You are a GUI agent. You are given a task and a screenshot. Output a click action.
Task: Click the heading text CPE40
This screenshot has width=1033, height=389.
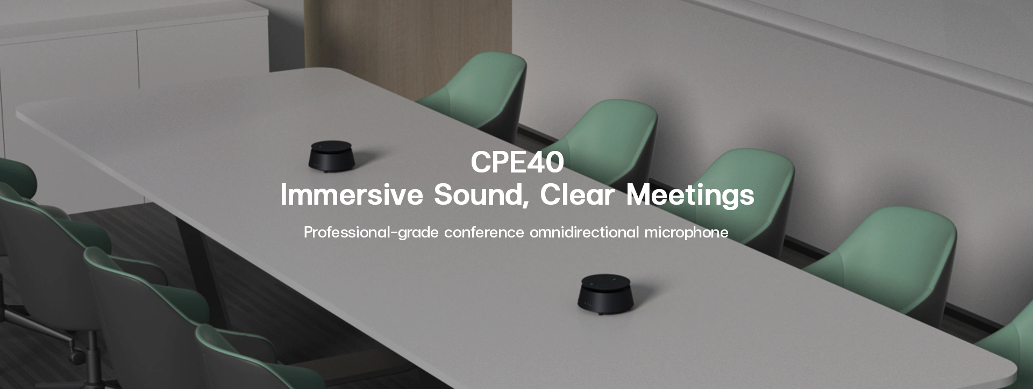517,162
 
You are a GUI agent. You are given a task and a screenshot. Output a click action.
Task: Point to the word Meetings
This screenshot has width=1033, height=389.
690,196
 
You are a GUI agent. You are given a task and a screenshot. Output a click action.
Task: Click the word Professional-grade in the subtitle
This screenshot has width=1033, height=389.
371,233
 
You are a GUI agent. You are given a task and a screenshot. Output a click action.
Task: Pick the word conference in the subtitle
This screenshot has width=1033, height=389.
484,233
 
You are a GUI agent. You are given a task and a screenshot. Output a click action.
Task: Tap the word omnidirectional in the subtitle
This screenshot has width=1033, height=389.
585,232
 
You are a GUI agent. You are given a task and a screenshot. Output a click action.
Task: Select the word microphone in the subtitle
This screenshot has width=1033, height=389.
686,233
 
